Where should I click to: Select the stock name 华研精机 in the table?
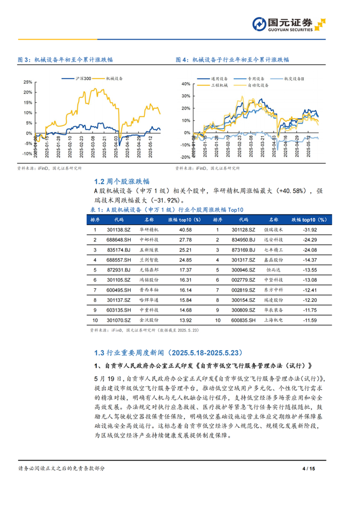150,230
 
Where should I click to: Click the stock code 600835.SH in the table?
243,320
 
